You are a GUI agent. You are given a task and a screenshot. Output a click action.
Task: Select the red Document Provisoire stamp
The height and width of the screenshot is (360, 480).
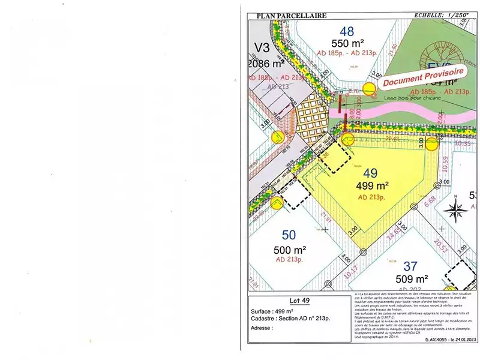pyautogui.click(x=424, y=74)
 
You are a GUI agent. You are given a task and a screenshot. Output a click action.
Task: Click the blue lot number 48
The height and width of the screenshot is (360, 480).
pyautogui.click(x=347, y=31)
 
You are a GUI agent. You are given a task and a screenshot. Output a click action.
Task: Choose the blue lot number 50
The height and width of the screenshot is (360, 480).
pyautogui.click(x=289, y=235)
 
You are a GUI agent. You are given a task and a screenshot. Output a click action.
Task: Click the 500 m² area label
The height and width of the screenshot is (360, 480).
pyautogui.click(x=290, y=250)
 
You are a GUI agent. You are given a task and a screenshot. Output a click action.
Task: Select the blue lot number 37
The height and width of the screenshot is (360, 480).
pyautogui.click(x=410, y=265)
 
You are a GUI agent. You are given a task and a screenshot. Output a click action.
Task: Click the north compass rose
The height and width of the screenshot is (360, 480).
pyautogui.click(x=458, y=211)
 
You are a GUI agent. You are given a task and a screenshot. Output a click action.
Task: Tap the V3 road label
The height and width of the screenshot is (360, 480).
pyautogui.click(x=262, y=47)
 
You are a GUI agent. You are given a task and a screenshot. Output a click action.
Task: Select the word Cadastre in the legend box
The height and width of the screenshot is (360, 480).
pyautogui.click(x=263, y=320)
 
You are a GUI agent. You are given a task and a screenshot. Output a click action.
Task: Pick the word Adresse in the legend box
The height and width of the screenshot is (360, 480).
pyautogui.click(x=262, y=328)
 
